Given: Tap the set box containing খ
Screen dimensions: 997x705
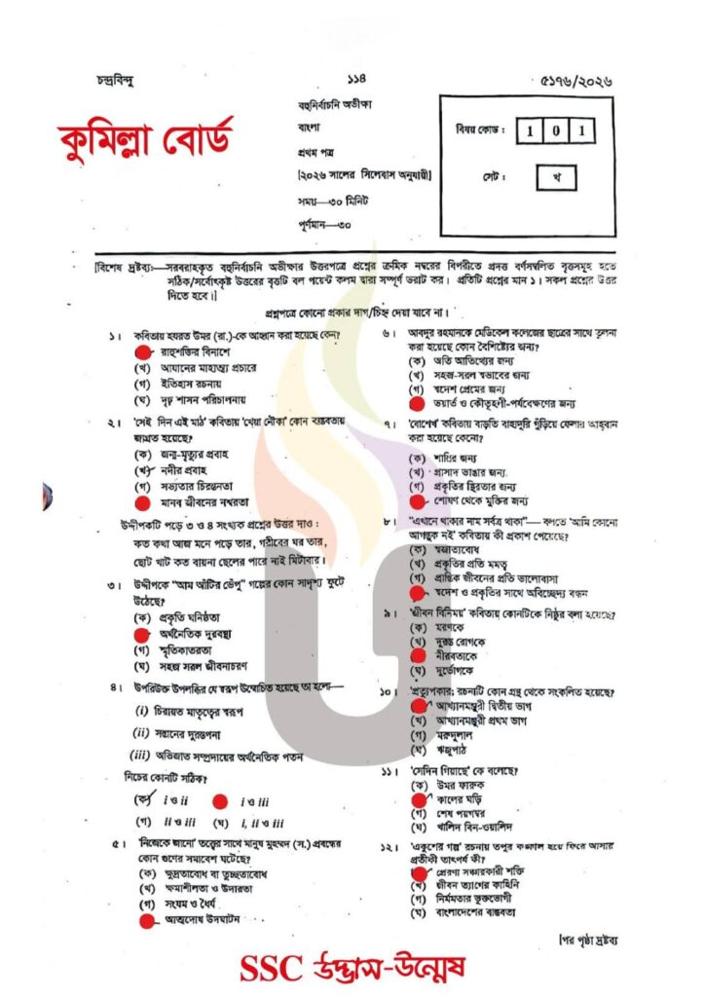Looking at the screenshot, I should [555, 177].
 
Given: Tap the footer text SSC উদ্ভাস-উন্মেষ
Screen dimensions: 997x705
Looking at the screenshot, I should [352, 968].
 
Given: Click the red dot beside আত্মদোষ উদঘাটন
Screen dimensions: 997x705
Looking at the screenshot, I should [146, 920].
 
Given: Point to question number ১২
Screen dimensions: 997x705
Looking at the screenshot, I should [389, 846].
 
